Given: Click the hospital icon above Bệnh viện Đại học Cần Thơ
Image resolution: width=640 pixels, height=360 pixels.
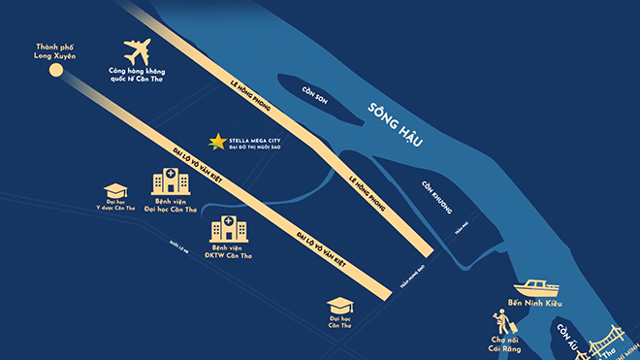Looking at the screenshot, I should coord(171,180).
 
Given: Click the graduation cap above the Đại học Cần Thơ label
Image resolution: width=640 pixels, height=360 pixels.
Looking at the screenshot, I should coord(341,304).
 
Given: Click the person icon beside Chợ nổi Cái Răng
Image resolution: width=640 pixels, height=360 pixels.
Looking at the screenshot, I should coord(500,321).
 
